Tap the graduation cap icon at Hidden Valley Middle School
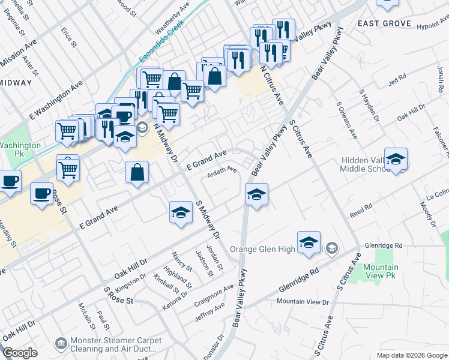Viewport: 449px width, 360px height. click(x=396, y=160)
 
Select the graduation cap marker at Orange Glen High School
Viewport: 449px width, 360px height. click(x=309, y=242)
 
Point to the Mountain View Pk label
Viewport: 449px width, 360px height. click(x=381, y=271)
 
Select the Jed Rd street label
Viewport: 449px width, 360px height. click(x=397, y=78)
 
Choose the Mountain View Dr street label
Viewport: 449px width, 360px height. click(x=303, y=301)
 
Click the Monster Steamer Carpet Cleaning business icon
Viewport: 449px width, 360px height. click(x=61, y=343)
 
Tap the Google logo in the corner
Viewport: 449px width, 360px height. click(x=20, y=353)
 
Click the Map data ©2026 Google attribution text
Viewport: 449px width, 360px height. click(x=412, y=355)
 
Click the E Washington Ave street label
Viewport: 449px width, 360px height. click(x=57, y=99)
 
